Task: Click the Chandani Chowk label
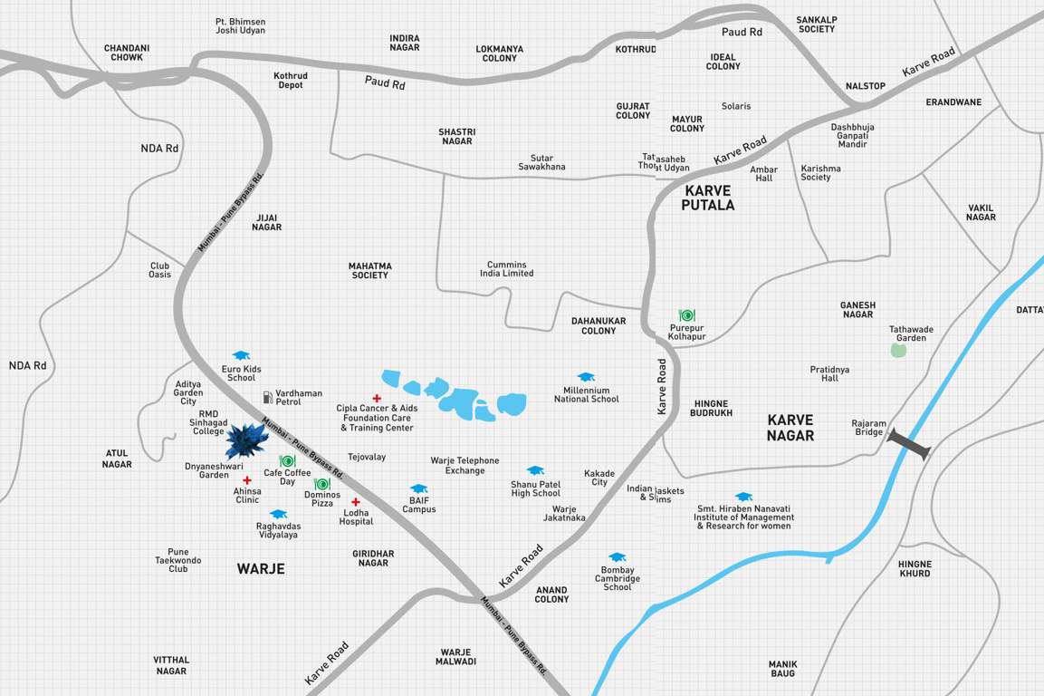pos(127,53)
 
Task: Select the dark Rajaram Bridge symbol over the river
pos(908,444)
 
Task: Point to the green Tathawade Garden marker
pos(897,350)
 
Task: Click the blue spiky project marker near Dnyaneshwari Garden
pos(246,440)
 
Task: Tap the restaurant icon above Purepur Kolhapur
pos(687,315)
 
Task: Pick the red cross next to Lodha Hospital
pos(356,502)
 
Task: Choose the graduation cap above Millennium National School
pos(586,377)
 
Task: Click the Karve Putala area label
pos(708,198)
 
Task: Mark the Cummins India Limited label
pos(506,269)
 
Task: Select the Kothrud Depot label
pos(291,81)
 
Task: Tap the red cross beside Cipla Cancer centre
pos(377,398)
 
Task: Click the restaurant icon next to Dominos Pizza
pos(321,484)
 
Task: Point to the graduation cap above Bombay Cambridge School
pos(617,557)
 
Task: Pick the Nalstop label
pos(865,86)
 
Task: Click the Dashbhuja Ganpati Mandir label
pos(852,136)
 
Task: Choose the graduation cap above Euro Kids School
pos(241,355)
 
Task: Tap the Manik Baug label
pos(782,669)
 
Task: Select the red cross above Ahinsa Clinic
pos(246,480)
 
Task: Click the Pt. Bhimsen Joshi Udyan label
pos(240,26)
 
